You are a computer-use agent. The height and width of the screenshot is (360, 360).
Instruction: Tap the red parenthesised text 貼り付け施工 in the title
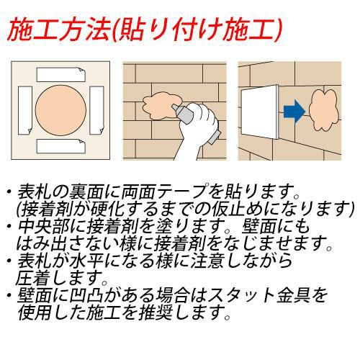(x=196, y=31)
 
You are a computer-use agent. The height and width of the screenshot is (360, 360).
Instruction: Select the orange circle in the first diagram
(x=60, y=110)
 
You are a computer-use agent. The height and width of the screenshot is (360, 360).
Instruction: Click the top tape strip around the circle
(x=61, y=74)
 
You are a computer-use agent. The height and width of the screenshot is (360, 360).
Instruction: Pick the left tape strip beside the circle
(x=25, y=110)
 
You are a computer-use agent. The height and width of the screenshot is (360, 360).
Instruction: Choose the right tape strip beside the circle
(x=96, y=110)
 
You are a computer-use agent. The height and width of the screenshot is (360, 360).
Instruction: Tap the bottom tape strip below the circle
(x=61, y=146)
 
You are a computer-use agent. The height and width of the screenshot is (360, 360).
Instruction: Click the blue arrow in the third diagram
(x=294, y=112)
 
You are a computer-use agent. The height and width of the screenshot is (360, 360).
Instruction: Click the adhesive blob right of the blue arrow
(x=324, y=110)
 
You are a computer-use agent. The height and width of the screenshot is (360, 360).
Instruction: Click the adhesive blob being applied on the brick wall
(x=161, y=106)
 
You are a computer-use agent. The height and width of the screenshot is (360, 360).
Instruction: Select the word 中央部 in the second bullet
(x=44, y=226)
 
